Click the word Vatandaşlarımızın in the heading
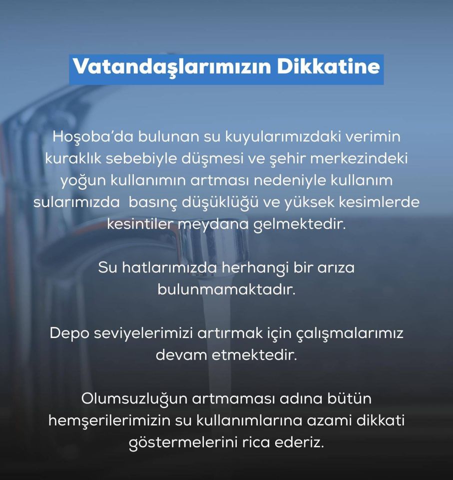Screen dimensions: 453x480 (x=172, y=67)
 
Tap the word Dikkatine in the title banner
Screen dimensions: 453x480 (x=329, y=66)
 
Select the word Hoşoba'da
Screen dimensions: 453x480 (x=93, y=136)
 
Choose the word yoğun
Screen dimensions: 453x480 (x=82, y=181)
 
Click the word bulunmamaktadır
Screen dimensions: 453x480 (x=227, y=289)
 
